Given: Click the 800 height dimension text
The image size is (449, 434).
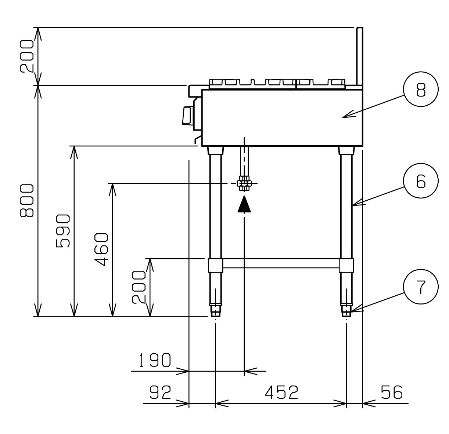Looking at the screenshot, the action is [27, 200].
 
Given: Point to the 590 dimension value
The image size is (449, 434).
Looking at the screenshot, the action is [63, 231].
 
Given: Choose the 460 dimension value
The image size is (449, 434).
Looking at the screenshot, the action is [101, 250].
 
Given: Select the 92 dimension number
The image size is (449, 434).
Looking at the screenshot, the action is [160, 392].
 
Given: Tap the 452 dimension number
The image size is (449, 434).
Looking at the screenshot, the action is [281, 392].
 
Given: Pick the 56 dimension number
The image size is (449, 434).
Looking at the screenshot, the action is [392, 392].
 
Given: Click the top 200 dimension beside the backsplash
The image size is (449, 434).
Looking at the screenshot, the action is [27, 56].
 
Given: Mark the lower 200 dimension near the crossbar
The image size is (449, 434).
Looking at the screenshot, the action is [139, 287].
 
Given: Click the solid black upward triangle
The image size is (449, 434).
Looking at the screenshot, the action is [244, 204].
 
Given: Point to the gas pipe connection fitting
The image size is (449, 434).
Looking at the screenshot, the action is [244, 183].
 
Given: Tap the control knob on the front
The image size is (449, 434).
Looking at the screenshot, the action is [187, 116].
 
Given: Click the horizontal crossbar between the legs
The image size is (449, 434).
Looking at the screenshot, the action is [281, 263].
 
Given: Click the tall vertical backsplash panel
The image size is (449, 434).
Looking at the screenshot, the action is [360, 56].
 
